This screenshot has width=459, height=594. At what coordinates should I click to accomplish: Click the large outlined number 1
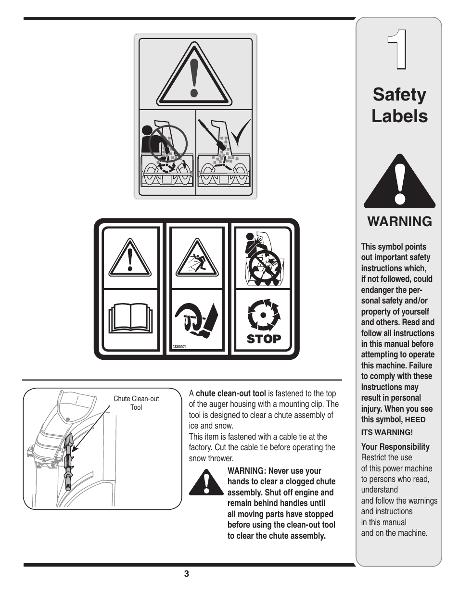tap(398, 50)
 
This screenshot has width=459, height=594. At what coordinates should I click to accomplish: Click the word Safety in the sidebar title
tap(399, 94)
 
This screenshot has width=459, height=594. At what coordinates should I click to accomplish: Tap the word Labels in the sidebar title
tap(399, 116)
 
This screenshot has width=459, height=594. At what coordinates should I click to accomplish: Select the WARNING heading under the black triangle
tap(399, 221)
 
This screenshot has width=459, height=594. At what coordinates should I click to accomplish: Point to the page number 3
tap(186, 573)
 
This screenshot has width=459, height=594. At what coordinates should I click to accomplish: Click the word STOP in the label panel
tap(264, 339)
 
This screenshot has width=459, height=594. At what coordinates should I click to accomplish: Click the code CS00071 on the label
tap(179, 347)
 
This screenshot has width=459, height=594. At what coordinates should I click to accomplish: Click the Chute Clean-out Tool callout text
tap(136, 403)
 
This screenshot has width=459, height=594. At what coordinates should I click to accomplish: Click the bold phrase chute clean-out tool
tap(230, 393)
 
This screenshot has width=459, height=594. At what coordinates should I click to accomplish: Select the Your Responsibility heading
tap(395, 447)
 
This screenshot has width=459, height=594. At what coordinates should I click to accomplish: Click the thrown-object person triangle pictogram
tap(194, 258)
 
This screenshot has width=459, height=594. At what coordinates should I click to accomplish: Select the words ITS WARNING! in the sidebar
tap(387, 432)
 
